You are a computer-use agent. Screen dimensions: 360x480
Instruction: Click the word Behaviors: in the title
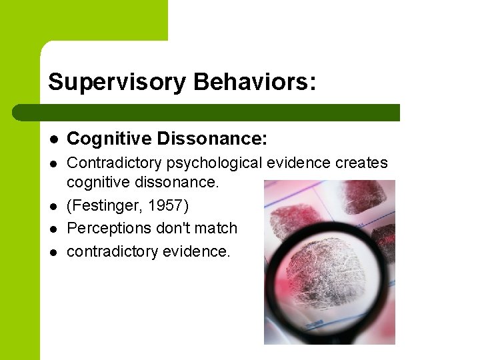pos(255,82)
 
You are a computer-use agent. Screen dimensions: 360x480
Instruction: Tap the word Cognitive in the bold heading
pos(109,139)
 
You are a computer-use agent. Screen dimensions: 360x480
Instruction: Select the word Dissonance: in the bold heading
pos(212,139)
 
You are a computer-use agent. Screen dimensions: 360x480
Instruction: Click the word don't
pos(171,228)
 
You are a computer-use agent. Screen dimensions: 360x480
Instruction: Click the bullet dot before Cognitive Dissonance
pos(53,139)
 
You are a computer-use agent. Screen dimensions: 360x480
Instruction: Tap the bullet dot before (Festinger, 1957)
pos(53,205)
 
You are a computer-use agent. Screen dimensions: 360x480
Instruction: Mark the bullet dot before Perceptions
pos(53,228)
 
